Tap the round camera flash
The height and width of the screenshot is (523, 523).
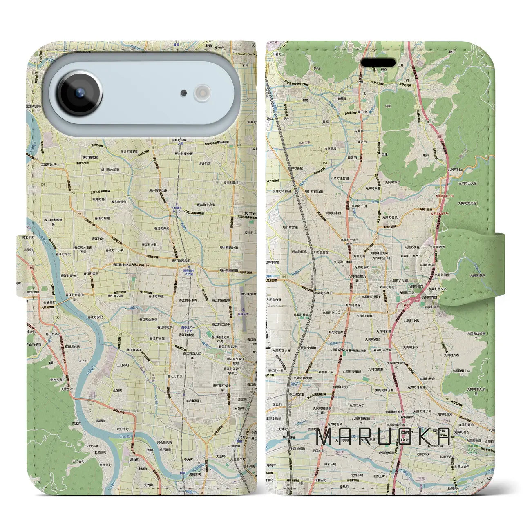[x=202, y=93]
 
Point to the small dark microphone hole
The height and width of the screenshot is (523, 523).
[x=184, y=93]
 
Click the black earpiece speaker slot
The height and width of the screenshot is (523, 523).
[x=378, y=63]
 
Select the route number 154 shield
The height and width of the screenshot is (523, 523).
[x=154, y=148]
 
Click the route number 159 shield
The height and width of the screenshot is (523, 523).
[x=325, y=163]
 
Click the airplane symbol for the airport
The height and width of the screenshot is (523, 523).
[x=243, y=309]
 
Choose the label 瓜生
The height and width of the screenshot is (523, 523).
[x=384, y=154]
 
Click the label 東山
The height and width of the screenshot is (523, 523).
[x=426, y=155]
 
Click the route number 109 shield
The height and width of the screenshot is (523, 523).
[x=284, y=277]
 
